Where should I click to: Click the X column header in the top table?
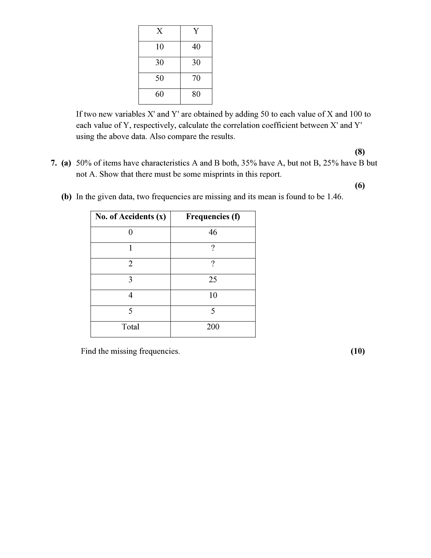click(x=159, y=31)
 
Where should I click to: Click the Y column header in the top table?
click(x=196, y=31)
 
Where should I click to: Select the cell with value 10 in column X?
click(x=160, y=47)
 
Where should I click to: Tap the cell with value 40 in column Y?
click(x=196, y=47)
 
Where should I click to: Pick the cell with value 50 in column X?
click(x=160, y=78)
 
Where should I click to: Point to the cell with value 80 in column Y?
click(x=196, y=94)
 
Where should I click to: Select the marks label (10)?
click(x=357, y=351)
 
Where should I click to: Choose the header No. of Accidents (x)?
click(x=130, y=217)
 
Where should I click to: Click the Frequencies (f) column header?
click(x=213, y=217)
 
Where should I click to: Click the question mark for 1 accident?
click(x=213, y=248)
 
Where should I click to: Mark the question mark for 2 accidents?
click(x=213, y=264)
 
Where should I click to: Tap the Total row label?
click(x=130, y=327)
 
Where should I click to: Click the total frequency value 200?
click(x=213, y=327)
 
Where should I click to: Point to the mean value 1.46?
click(x=334, y=197)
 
